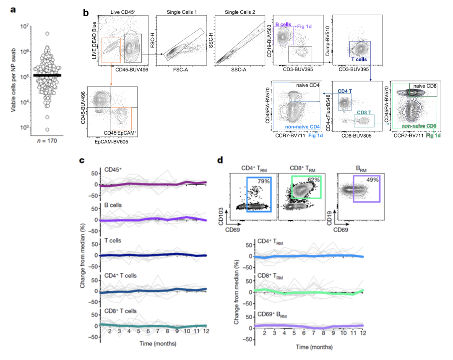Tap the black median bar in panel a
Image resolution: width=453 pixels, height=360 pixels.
(x=47, y=75)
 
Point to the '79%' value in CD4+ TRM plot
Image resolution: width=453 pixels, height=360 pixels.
(x=264, y=181)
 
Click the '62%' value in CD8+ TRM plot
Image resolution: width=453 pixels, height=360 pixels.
(x=313, y=180)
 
